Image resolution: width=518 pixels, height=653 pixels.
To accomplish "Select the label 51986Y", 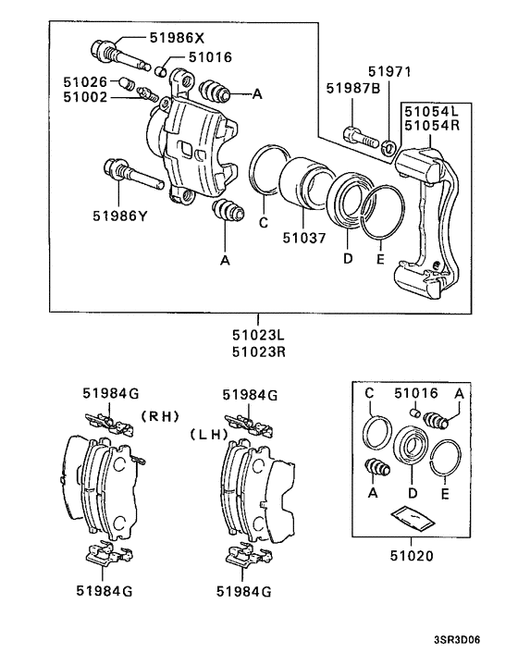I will coord(119,216).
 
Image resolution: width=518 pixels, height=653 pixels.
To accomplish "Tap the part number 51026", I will coord(85,81).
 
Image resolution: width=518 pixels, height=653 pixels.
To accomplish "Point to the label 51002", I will coord(85,97).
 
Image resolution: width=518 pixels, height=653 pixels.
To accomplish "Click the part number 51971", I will coord(389,72).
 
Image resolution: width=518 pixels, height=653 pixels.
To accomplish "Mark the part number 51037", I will coord(304,238).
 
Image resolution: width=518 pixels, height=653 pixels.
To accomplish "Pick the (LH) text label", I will coord(209,433).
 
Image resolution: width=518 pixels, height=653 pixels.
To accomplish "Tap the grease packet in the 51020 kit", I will coord(412,516).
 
